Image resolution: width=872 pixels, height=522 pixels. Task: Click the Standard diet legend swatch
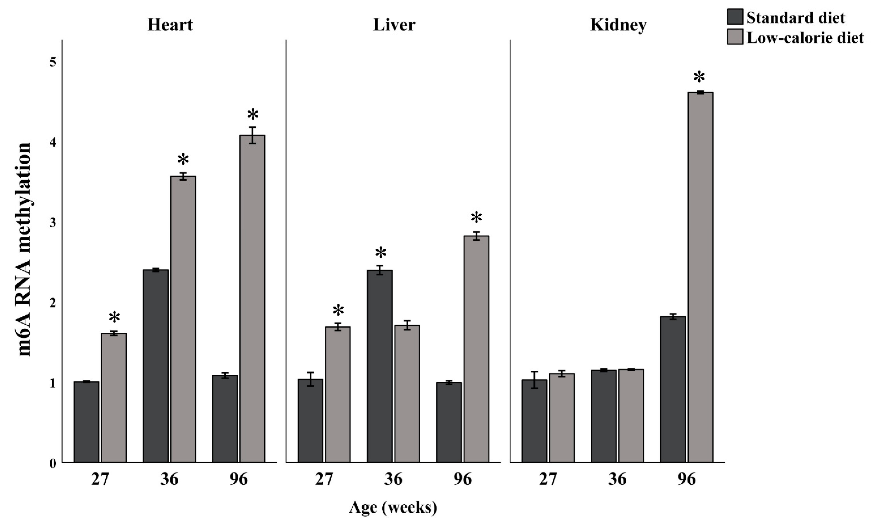click(x=735, y=17)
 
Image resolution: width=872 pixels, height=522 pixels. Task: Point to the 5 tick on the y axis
click(x=53, y=62)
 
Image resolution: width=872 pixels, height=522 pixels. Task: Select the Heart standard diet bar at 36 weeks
click(x=156, y=366)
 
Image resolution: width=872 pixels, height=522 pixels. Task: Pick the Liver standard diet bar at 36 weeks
click(x=379, y=366)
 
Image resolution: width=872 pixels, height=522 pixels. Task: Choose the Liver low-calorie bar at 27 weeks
click(x=338, y=394)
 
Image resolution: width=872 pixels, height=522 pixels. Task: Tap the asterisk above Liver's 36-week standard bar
click(x=381, y=253)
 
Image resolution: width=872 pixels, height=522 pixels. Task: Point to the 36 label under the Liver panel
click(x=393, y=479)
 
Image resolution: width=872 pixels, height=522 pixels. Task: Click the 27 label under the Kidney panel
click(x=548, y=479)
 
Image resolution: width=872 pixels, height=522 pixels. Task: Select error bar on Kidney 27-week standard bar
click(x=534, y=380)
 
